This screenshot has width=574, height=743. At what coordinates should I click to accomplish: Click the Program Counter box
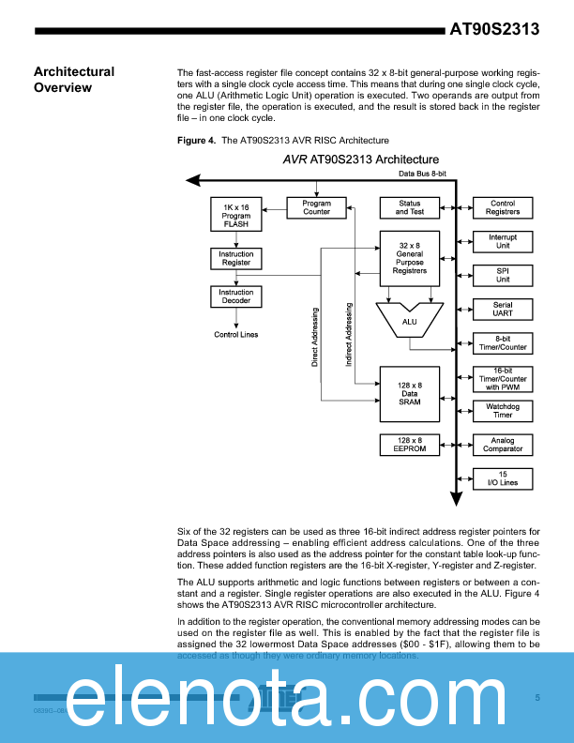316,207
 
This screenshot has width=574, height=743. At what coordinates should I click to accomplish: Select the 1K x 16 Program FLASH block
235,215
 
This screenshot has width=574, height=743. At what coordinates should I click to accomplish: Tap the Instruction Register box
235,258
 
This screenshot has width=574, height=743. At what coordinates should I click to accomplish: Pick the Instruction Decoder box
235,296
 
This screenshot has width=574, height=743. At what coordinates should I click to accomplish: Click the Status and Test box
409,207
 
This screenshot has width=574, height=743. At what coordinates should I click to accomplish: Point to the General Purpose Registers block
409,259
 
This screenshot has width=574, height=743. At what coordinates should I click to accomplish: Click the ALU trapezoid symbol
409,320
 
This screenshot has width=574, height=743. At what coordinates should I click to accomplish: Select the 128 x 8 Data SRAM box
409,392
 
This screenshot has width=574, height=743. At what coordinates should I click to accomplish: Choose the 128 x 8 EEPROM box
409,444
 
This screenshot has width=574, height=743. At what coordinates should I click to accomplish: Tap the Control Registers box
503,207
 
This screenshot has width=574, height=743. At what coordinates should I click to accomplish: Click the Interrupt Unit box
503,242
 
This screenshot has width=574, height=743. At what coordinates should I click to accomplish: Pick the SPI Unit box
503,276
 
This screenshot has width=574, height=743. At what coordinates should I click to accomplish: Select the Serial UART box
503,310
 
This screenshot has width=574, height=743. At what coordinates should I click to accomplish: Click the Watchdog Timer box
503,410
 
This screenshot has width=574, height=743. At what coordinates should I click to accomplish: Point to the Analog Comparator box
503,444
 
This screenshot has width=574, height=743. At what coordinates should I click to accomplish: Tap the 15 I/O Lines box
503,478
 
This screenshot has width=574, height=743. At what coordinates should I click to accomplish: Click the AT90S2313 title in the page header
494,29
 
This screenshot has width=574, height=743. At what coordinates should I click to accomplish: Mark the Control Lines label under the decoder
235,335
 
